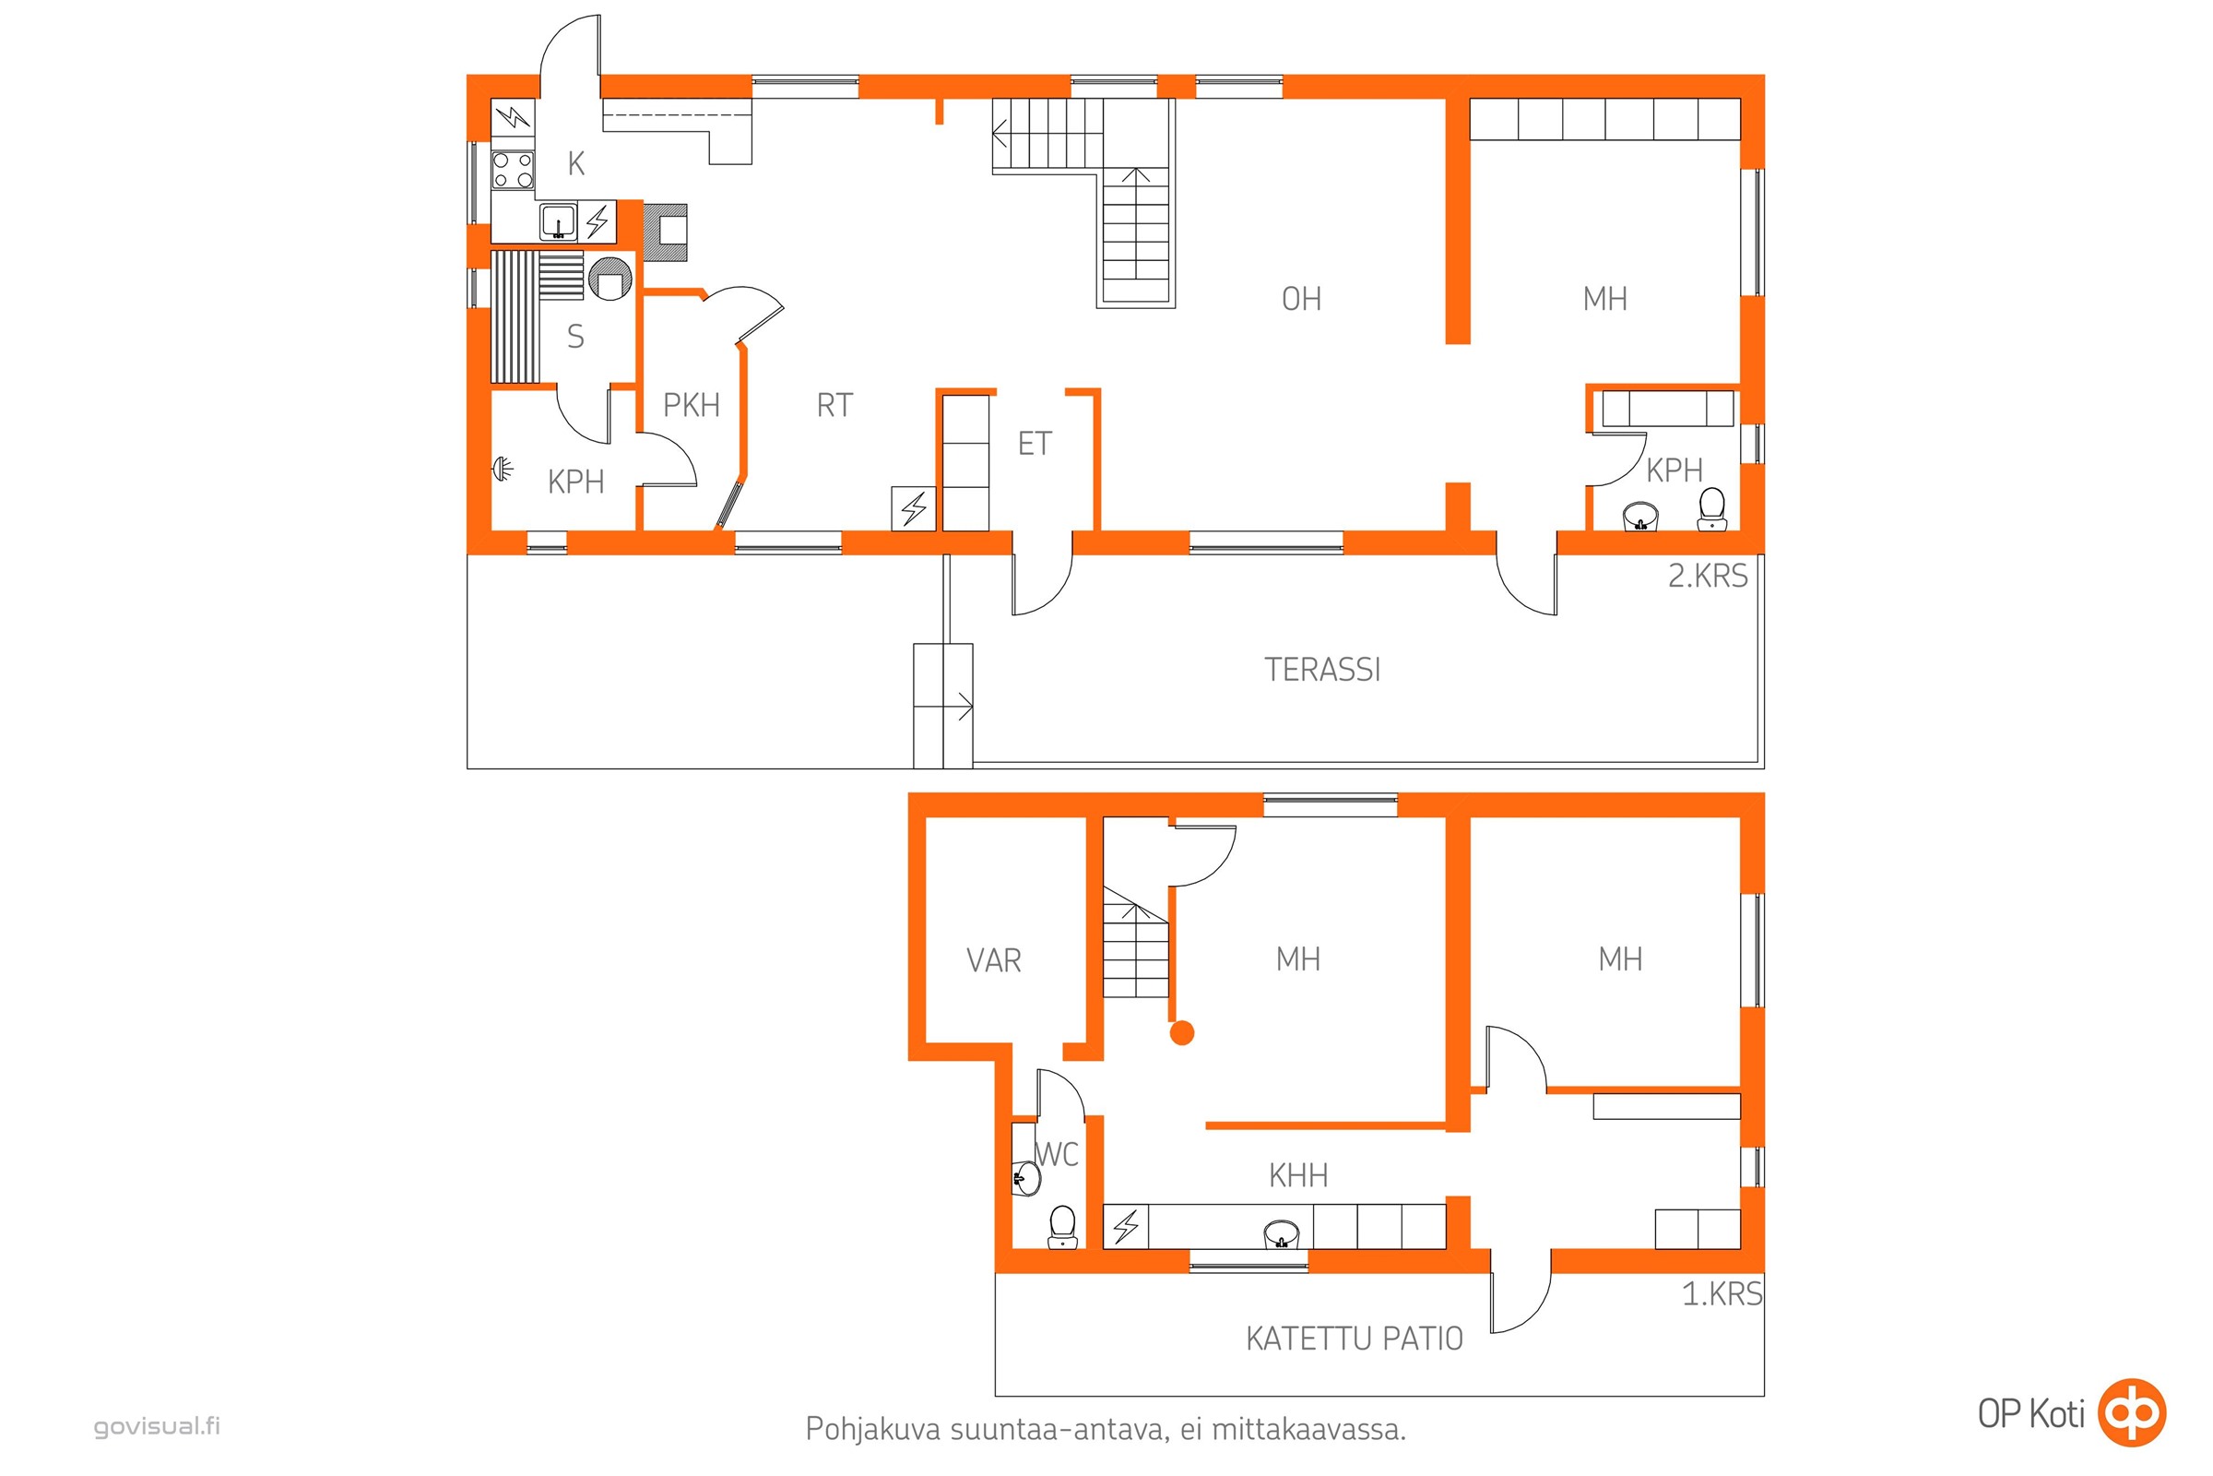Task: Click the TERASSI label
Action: point(1322,670)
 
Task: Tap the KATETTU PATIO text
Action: point(1354,1339)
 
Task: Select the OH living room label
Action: point(1301,299)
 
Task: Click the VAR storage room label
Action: point(994,960)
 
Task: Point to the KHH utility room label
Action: point(1298,1174)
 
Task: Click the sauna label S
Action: point(575,336)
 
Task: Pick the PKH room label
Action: point(692,405)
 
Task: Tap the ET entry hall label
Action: point(1034,444)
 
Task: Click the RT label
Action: point(834,405)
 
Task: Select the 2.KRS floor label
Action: point(1708,575)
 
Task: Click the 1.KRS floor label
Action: point(1722,1293)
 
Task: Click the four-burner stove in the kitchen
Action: point(513,171)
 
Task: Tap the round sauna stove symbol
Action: point(609,278)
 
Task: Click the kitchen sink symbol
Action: point(558,222)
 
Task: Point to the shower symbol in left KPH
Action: point(503,468)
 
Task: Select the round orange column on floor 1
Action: point(1182,1032)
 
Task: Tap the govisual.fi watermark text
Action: point(157,1426)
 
